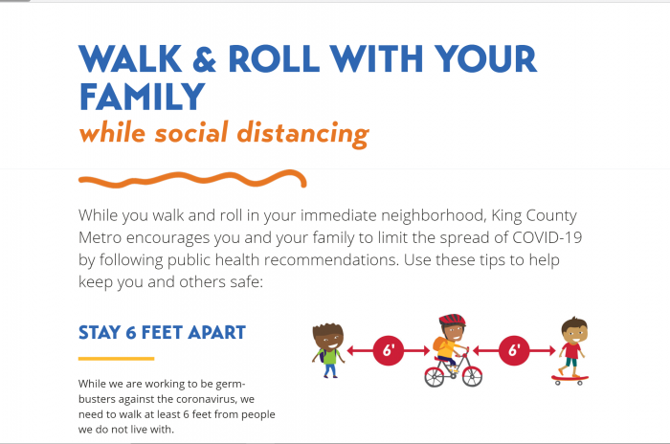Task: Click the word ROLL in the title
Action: coord(274,58)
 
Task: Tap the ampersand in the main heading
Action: coord(204,59)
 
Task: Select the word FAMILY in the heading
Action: coord(143,97)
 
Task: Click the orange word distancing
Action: coord(302,134)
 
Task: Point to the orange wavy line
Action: coord(192,179)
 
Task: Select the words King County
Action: coord(534,216)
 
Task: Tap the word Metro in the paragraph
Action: coord(100,237)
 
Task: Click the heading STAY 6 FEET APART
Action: coord(162,332)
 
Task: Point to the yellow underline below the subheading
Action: coord(116,359)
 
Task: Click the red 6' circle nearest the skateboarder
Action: coord(514,350)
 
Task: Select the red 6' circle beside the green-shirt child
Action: coord(388,350)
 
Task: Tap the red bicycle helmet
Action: coord(452,320)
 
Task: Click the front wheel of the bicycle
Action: coord(472,376)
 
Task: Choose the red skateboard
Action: coord(570,378)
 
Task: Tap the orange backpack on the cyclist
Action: coord(438,344)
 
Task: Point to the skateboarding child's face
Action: coord(575,332)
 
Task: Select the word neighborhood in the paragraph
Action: coord(434,216)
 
